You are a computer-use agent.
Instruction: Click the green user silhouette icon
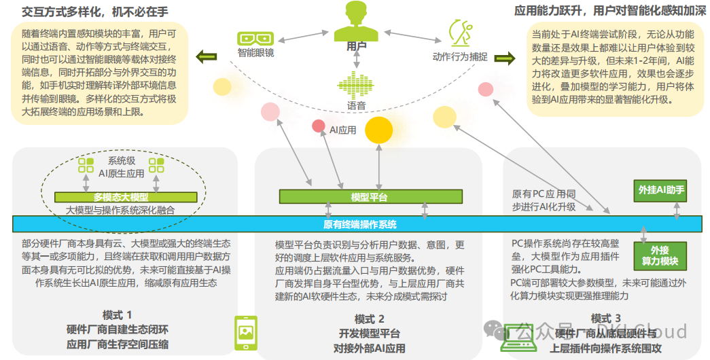[x=356, y=20]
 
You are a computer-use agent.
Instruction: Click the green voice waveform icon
[x=356, y=85]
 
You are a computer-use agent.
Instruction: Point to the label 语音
[x=356, y=106]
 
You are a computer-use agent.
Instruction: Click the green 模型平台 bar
[x=370, y=197]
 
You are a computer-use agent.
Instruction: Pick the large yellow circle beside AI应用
[x=379, y=129]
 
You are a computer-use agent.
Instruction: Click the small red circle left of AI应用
[x=318, y=126]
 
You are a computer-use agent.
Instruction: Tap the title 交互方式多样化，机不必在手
[x=94, y=12]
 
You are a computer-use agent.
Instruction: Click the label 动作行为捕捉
[x=459, y=56]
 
